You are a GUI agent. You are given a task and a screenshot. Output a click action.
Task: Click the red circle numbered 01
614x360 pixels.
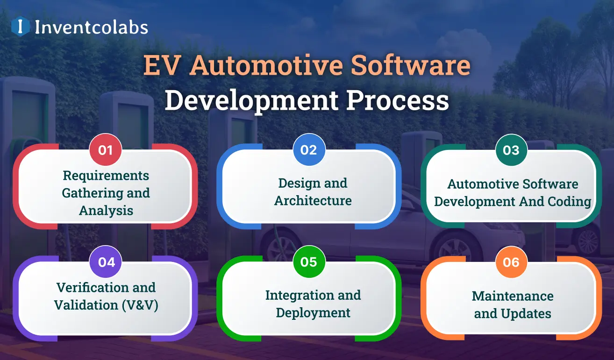(x=106, y=150)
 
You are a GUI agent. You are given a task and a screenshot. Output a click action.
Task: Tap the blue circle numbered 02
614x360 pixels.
(x=309, y=150)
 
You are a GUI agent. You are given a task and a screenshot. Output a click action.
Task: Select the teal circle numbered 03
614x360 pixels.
(x=511, y=150)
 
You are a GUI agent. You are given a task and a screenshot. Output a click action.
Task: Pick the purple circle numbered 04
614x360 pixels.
(x=106, y=262)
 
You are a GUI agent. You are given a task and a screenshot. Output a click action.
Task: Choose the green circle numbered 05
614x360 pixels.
(x=309, y=262)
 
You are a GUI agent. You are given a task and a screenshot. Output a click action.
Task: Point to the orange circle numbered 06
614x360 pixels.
(x=511, y=262)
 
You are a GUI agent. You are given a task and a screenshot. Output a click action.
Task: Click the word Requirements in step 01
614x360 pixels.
(x=106, y=176)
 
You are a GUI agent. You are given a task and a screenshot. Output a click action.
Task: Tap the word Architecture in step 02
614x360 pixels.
(x=313, y=201)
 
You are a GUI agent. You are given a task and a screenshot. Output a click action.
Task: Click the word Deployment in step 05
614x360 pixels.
(x=313, y=312)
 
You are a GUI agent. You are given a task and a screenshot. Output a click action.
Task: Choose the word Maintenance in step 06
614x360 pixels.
(x=513, y=296)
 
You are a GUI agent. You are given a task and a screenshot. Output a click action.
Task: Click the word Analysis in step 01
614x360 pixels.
(x=106, y=211)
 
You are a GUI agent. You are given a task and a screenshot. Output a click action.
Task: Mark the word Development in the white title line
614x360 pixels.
(x=248, y=101)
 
